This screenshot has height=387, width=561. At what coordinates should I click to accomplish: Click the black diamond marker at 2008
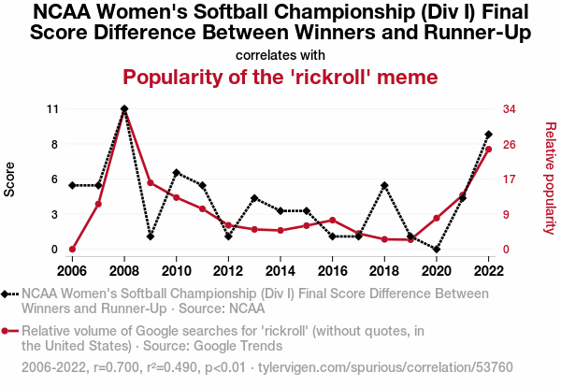tap(124, 108)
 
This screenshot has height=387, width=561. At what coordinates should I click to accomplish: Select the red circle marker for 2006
tap(72, 250)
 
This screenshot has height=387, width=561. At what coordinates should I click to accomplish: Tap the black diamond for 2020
tap(437, 250)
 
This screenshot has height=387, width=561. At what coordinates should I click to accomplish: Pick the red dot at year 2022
tap(488, 150)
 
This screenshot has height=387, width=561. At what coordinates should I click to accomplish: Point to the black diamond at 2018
tap(384, 185)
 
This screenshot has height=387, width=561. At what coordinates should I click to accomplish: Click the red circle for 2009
tap(151, 183)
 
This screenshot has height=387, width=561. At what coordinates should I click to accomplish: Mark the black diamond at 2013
tap(254, 198)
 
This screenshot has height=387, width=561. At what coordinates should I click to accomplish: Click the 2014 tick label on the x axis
tap(280, 271)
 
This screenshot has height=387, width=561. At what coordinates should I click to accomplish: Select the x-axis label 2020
tap(437, 271)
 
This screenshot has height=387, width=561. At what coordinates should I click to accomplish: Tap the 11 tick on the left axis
tap(52, 109)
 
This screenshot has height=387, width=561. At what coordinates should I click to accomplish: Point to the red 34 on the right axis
tap(510, 109)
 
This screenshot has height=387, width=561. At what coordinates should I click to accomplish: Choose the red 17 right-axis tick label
tap(510, 179)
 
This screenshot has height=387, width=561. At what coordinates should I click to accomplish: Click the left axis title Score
tap(9, 179)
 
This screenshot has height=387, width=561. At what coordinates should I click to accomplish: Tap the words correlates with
tap(280, 55)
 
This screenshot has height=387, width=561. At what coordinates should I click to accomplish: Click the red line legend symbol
tap(9, 331)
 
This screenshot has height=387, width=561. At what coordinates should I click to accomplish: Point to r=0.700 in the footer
tap(116, 367)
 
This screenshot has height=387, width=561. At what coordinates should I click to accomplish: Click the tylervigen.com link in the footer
tap(385, 367)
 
